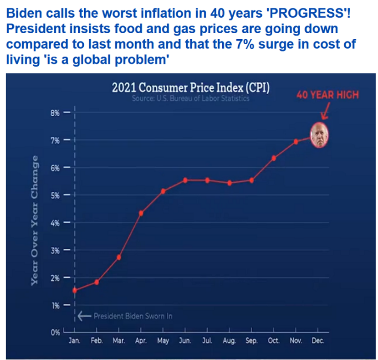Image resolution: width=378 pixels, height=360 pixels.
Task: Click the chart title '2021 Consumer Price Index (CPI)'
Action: click(x=190, y=88)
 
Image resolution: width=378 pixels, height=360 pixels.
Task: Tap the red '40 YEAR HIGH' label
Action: click(x=327, y=95)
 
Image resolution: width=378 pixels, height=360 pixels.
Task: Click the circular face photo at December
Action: click(x=320, y=135)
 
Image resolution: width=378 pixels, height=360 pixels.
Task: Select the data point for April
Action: click(x=141, y=213)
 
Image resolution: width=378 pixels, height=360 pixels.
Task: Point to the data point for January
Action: click(x=75, y=290)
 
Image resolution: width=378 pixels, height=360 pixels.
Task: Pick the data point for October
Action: click(x=274, y=158)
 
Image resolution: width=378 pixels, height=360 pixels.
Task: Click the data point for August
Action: click(x=230, y=183)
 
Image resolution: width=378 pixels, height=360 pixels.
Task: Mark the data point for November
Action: click(x=296, y=141)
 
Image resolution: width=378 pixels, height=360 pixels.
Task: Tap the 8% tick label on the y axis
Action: click(x=55, y=113)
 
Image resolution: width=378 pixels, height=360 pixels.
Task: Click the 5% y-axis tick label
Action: click(x=55, y=195)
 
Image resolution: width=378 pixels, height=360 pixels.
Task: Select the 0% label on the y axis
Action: click(x=55, y=332)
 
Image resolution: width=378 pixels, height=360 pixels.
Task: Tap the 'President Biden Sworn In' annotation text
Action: click(x=133, y=316)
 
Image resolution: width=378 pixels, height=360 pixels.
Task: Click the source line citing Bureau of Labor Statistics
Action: click(x=190, y=99)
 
